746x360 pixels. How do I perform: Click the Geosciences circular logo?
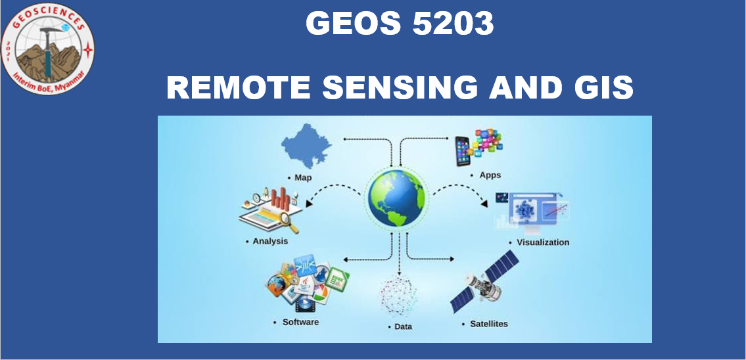tap(47, 49)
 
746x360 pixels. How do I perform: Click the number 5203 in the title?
tap(453, 23)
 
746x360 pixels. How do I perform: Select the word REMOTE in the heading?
tap(239, 87)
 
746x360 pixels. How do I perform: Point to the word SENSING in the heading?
tap(400, 87)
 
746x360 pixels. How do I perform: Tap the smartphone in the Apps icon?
tap(463, 151)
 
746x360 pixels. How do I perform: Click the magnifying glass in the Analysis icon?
tap(288, 222)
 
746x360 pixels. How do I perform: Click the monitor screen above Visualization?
tap(533, 210)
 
